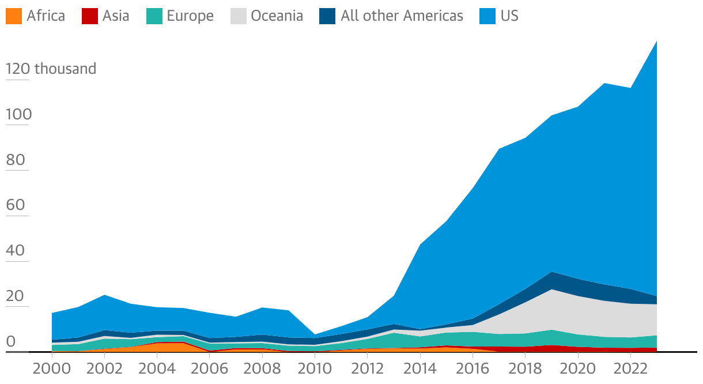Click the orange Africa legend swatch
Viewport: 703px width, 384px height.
click(x=13, y=16)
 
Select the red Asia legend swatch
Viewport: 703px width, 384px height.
click(x=89, y=16)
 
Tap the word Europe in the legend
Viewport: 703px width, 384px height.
click(x=190, y=16)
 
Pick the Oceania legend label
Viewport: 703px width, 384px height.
click(x=277, y=16)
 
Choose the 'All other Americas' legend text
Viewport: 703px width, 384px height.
click(x=402, y=16)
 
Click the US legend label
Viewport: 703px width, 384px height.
click(x=509, y=16)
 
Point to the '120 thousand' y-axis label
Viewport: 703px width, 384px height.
click(x=51, y=69)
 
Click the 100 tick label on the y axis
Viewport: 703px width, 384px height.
click(x=19, y=115)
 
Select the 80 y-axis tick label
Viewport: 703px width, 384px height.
click(x=16, y=160)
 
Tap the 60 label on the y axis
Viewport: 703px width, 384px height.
click(x=16, y=205)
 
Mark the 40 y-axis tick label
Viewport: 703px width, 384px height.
click(x=16, y=251)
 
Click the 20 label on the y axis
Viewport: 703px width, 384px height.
click(x=16, y=296)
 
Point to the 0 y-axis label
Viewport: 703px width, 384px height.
click(x=10, y=341)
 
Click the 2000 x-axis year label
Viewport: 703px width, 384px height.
click(x=52, y=368)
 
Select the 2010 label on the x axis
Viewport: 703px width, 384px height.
click(x=315, y=368)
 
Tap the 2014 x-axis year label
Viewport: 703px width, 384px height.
click(x=420, y=368)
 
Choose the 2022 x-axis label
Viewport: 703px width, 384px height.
click(x=630, y=368)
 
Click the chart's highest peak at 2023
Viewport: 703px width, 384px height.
click(x=656, y=41)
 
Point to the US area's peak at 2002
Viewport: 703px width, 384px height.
click(x=104, y=295)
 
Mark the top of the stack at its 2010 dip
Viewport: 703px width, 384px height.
click(x=315, y=334)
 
